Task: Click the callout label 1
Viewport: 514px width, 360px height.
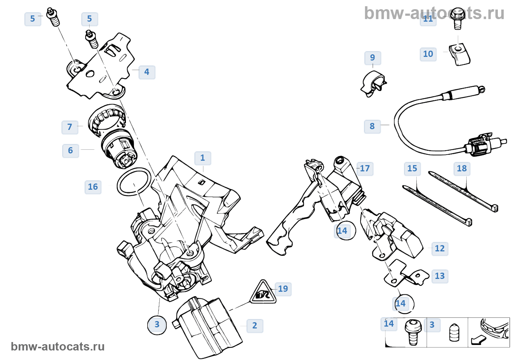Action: pos(203,158)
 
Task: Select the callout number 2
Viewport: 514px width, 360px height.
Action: pos(255,326)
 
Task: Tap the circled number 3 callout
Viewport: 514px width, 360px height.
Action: pos(157,325)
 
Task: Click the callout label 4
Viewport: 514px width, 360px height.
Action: pos(147,72)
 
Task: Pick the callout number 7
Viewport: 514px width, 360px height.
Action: pos(70,127)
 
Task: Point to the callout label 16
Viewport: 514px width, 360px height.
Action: pos(93,187)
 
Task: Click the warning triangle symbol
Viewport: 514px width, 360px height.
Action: pos(263,292)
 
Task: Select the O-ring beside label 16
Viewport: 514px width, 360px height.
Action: pos(134,182)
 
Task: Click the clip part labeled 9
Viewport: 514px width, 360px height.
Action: pos(373,84)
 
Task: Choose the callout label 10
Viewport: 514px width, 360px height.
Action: pos(428,54)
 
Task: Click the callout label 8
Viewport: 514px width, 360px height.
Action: pos(372,127)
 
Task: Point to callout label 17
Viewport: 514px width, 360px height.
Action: pos(365,169)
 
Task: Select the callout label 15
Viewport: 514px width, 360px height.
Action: pos(412,169)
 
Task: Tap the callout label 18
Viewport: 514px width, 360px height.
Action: pos(462,169)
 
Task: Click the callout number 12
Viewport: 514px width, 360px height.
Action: pos(440,249)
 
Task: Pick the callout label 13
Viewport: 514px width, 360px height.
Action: pos(440,276)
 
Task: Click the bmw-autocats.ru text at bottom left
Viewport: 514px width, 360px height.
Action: pos(58,347)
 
